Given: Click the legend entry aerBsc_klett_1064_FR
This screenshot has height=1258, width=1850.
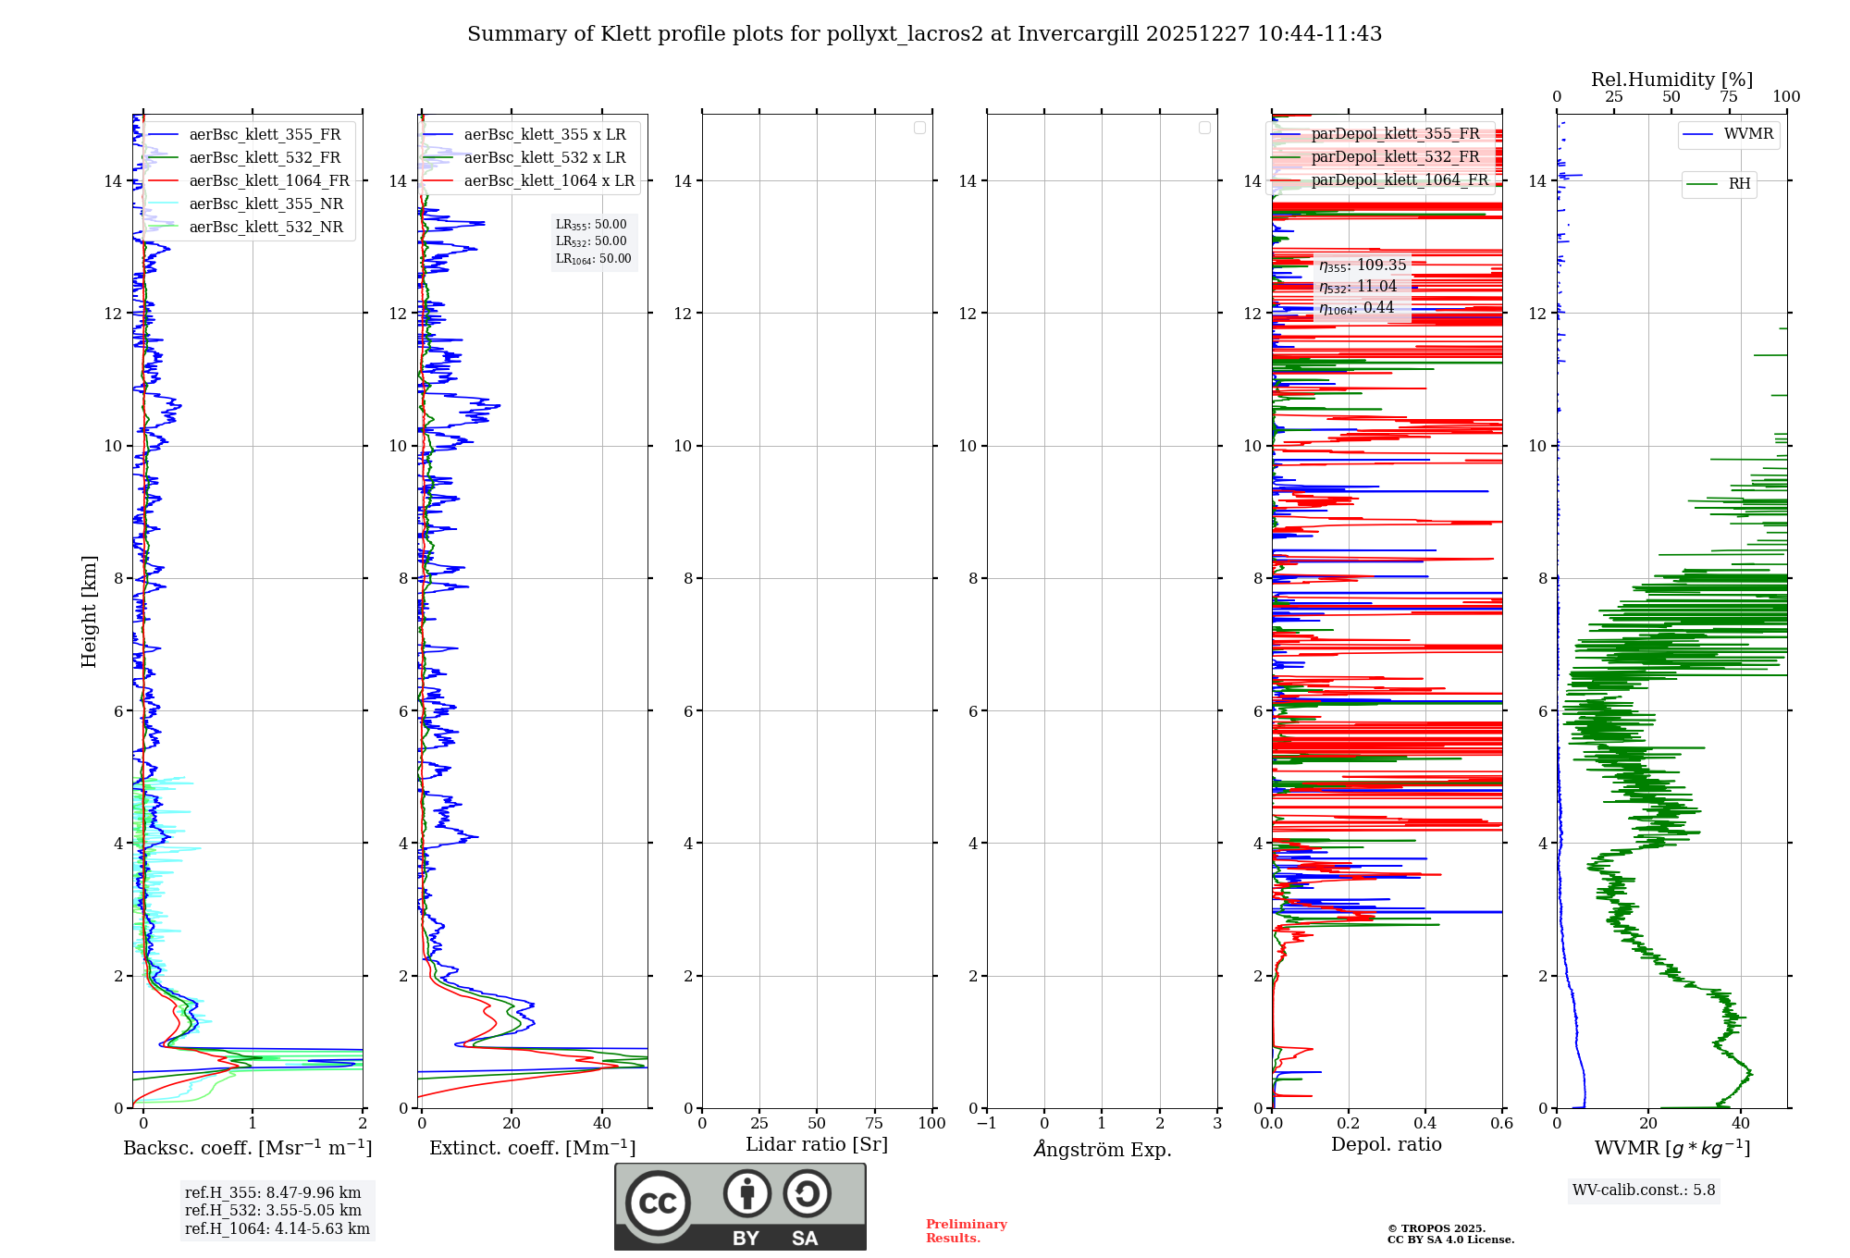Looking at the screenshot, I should (x=269, y=181).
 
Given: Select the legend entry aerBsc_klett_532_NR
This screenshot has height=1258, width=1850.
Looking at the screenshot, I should (x=265, y=228).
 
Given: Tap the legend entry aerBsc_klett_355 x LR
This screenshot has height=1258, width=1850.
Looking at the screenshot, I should (x=544, y=135).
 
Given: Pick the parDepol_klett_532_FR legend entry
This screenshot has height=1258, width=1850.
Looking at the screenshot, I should (x=1395, y=157).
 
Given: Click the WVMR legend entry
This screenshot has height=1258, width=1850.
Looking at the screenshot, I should (x=1748, y=134).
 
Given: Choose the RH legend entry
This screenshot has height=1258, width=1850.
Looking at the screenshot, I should (x=1739, y=184).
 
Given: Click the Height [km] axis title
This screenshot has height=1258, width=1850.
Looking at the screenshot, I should (x=89, y=611).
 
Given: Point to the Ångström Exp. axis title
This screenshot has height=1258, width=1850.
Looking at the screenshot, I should (x=1102, y=1149).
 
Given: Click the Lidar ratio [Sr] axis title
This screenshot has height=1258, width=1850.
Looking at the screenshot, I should (x=817, y=1145).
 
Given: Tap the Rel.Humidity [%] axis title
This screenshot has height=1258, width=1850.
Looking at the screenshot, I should (x=1671, y=80).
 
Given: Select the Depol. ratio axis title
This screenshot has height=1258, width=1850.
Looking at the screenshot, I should (x=1386, y=1145).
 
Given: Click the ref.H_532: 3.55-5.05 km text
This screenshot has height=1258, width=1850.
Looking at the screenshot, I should (x=273, y=1211).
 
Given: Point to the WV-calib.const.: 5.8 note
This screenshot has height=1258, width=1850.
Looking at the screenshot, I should (x=1644, y=1190).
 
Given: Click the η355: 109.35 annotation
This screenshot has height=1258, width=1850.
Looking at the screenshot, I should (x=1363, y=265).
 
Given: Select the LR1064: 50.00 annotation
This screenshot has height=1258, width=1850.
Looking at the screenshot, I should (x=593, y=259).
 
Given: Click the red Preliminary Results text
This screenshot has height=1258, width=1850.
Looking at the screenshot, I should (x=966, y=1231).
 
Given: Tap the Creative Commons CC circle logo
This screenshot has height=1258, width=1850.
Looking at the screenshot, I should (x=658, y=1202).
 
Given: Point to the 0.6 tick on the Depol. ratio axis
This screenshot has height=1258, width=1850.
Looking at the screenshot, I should (x=1501, y=1124).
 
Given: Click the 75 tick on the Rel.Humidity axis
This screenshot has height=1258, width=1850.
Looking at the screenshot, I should (x=1728, y=97).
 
